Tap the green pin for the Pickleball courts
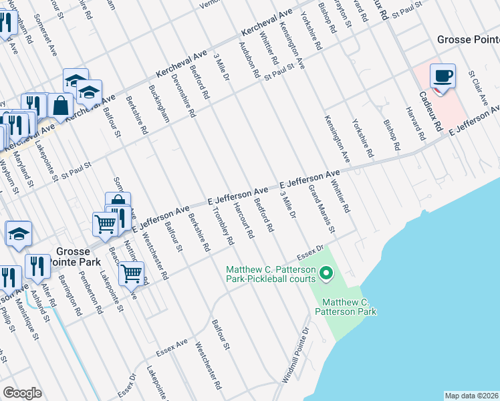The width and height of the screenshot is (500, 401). [326, 273]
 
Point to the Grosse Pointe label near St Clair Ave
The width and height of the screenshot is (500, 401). [468, 39]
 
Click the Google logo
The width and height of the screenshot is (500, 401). [22, 392]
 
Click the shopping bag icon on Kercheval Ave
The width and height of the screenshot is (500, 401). [60, 106]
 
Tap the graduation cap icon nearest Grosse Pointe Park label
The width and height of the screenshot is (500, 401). [19, 233]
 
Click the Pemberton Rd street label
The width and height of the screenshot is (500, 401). [90, 293]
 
